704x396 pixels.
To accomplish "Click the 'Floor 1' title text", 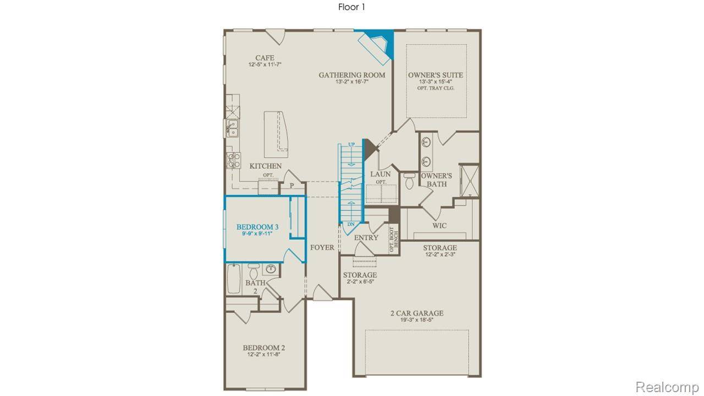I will tap(351, 7).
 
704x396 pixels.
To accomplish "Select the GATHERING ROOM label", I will tap(352, 75).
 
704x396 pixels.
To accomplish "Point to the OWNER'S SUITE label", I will tap(435, 75).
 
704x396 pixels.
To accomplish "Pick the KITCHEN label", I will tap(266, 166).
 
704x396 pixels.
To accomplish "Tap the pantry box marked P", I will tap(291, 187).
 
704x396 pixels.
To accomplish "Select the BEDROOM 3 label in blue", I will tap(257, 227).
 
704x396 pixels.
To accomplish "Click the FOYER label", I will tap(322, 248).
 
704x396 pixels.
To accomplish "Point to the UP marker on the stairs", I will tap(352, 145).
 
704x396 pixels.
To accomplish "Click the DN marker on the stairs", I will tap(351, 224).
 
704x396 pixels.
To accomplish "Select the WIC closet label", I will tap(439, 226).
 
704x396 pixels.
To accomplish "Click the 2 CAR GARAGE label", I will tap(417, 313).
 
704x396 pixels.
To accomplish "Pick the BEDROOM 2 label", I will tap(264, 348).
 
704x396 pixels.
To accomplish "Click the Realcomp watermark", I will tap(667, 387).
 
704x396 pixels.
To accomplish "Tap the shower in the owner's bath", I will tap(469, 179).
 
